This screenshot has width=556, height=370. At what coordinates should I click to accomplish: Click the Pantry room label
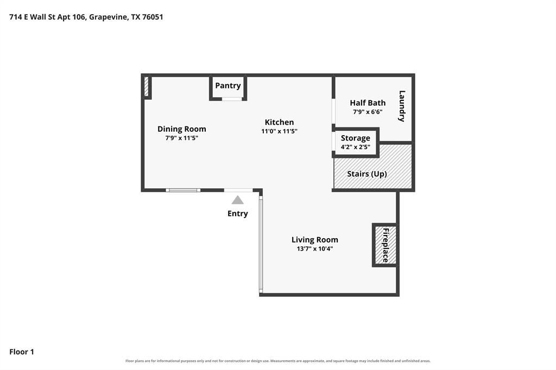[x=228, y=85]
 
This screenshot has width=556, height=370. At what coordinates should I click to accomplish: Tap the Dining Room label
[x=181, y=129]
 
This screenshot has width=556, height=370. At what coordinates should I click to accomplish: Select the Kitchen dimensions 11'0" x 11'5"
[x=280, y=131]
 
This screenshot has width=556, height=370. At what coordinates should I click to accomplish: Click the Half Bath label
[x=368, y=103]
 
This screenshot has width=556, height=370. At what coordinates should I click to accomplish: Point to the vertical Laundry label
[x=402, y=106]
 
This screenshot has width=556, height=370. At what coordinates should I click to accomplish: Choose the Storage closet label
[x=355, y=138]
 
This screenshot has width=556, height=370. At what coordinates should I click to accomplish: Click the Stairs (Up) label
[x=367, y=174]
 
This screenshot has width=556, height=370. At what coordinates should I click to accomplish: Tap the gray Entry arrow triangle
[x=238, y=200]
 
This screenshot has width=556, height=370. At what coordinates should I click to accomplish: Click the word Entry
[x=238, y=213]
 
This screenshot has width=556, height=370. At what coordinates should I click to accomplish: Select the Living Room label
[x=315, y=240]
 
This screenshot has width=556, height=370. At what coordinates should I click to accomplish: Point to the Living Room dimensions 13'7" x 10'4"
[x=315, y=249]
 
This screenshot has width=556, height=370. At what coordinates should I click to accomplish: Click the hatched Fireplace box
[x=386, y=245]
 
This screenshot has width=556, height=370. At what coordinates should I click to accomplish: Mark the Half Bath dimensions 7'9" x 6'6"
[x=368, y=112]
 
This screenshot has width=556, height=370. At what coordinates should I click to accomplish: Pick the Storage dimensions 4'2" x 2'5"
[x=355, y=147]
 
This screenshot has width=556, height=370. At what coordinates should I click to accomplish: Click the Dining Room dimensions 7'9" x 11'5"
[x=181, y=138]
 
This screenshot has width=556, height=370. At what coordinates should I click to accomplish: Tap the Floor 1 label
[x=22, y=352]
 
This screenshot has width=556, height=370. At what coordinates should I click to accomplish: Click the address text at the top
[x=86, y=17]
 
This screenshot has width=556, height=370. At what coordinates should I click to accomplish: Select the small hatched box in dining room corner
[x=146, y=86]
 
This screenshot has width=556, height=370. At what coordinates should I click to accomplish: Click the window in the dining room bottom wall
[x=183, y=190]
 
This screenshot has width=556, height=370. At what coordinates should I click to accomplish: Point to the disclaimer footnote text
[x=278, y=361]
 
